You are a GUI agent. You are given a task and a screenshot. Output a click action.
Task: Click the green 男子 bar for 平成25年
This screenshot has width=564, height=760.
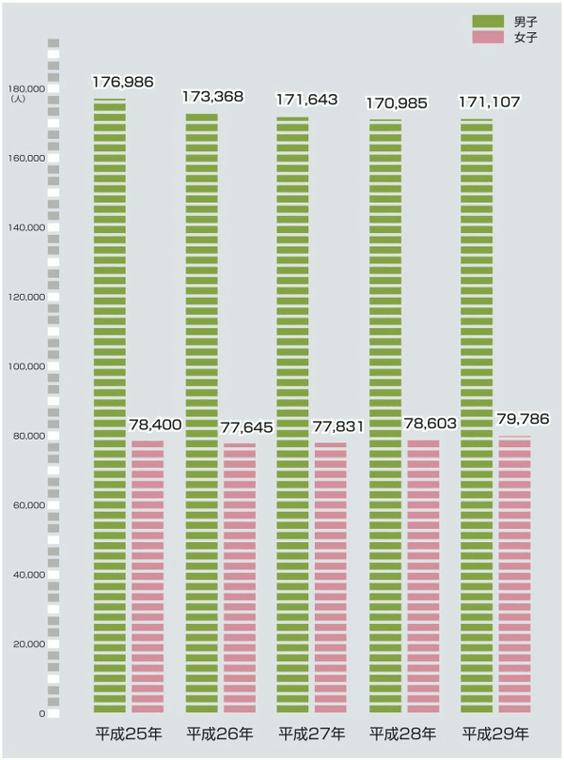tap(110, 404)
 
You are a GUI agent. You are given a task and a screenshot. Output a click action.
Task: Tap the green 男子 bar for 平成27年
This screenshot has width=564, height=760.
tap(293, 413)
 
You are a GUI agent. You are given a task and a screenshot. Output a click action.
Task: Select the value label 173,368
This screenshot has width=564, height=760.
tap(214, 97)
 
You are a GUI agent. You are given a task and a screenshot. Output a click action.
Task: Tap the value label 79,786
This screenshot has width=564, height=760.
tap(523, 419)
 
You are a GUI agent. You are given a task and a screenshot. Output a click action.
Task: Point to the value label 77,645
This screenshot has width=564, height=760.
tap(246, 428)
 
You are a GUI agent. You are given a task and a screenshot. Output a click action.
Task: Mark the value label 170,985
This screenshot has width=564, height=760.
tap(398, 102)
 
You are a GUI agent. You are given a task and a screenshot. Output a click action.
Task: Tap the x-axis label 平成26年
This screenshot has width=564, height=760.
tap(220, 733)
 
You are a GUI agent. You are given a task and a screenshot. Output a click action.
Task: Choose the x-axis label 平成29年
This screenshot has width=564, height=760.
tap(495, 733)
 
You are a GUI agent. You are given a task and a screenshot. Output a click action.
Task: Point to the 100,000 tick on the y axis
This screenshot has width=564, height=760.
tap(27, 366)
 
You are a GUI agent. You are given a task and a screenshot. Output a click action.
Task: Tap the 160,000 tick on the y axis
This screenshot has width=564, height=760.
tap(27, 158)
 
